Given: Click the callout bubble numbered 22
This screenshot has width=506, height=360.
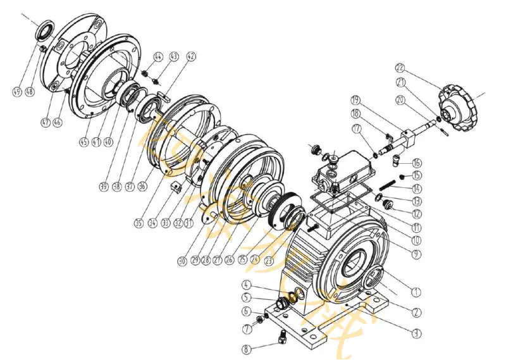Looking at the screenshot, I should (x=400, y=68).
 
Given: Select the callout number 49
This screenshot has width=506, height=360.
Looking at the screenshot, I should (x=17, y=92).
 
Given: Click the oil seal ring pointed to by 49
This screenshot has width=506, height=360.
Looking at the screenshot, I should (x=46, y=30).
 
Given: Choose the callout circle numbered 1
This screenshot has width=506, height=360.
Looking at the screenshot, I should (x=416, y=292).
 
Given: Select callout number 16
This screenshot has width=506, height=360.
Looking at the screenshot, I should (x=416, y=163).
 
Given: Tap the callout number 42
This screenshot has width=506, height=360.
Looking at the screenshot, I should (x=191, y=57).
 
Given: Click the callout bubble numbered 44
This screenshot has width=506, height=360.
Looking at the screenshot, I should (x=158, y=57).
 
